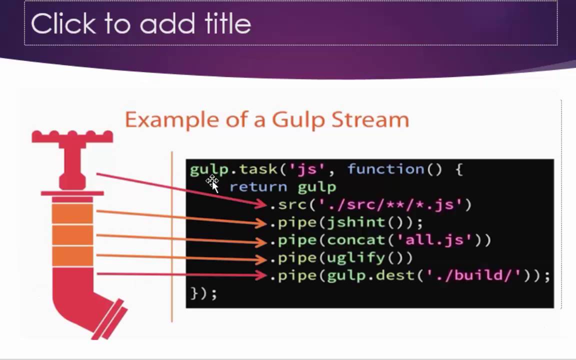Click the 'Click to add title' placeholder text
pyautogui.click(x=140, y=23)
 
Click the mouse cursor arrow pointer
pyautogui.click(x=213, y=184)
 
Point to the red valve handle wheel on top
pyautogui.click(x=72, y=136)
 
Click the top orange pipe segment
pyautogui.click(x=72, y=212)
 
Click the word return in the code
pyautogui.click(x=258, y=187)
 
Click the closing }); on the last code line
pyautogui.click(x=203, y=293)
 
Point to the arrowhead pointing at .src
pyautogui.click(x=261, y=203)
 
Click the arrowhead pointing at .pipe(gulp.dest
pyautogui.click(x=261, y=275)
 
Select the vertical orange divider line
pyautogui.click(x=172, y=235)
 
